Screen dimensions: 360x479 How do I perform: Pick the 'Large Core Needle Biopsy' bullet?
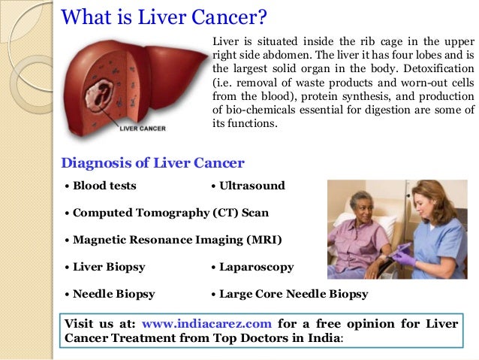(x=293, y=294)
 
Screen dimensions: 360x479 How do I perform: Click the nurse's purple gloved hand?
(x=405, y=257)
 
